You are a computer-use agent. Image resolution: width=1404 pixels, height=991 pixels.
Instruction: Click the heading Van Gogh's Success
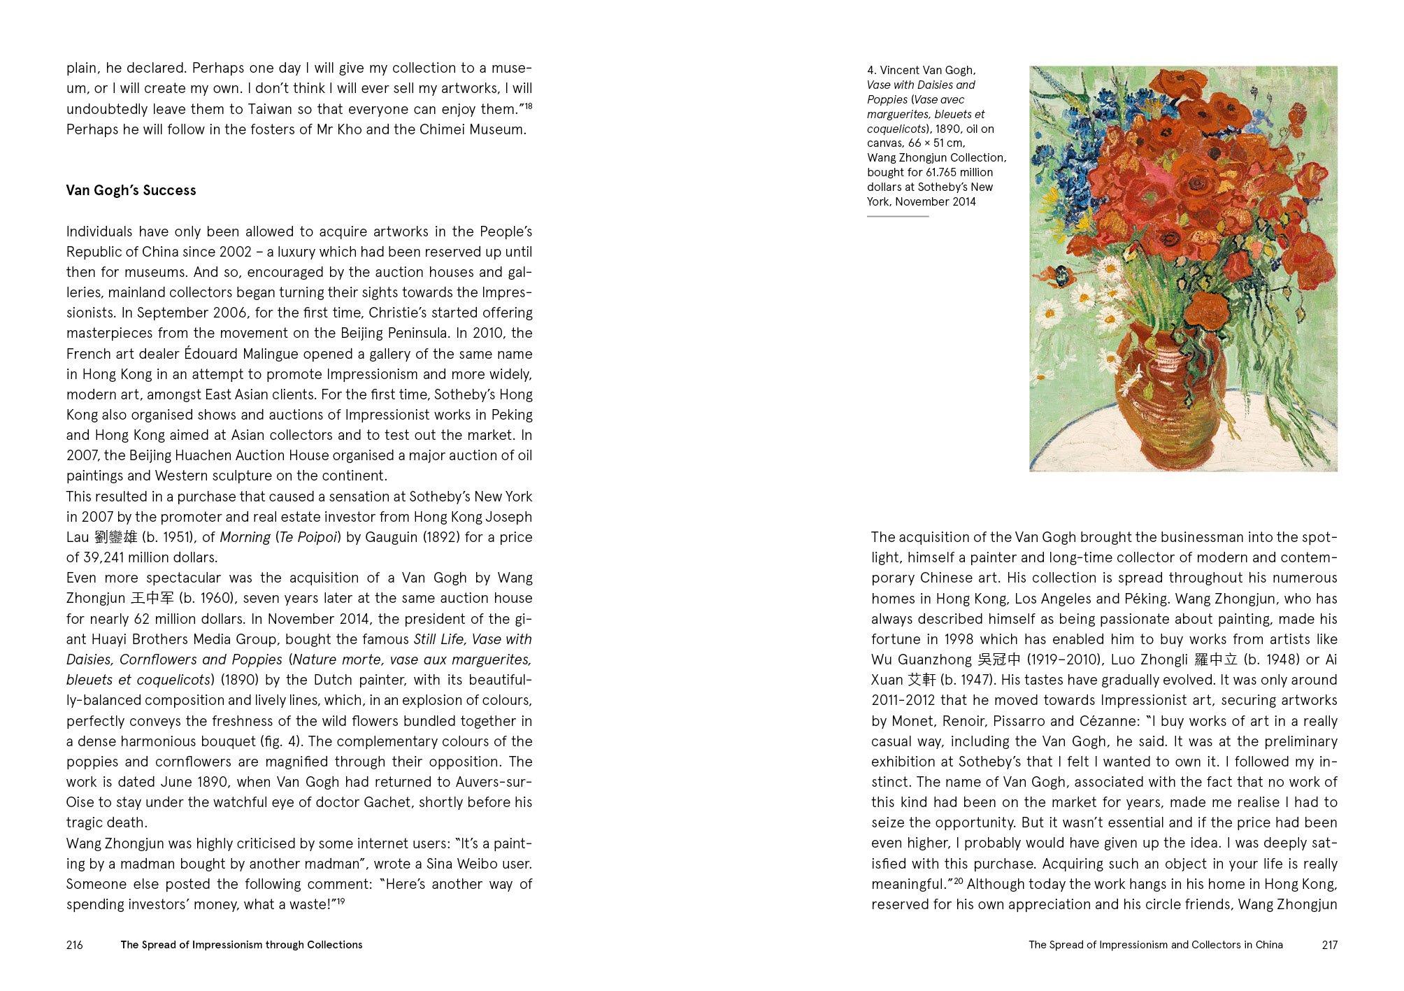pos(131,190)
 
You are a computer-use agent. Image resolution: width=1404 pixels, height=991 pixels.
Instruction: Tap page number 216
pos(74,945)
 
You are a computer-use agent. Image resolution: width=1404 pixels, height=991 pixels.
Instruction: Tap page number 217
pos(1329,945)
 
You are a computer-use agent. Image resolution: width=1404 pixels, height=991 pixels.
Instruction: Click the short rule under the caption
pos(898,216)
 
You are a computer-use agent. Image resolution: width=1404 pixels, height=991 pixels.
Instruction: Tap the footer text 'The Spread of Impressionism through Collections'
pos(241,945)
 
